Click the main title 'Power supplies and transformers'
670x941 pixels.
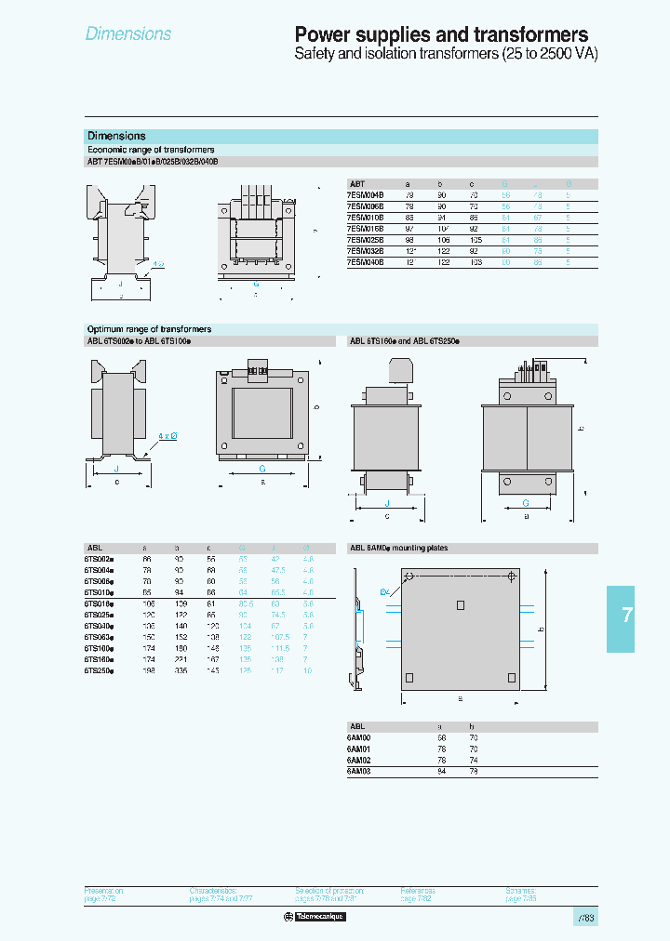tap(441, 34)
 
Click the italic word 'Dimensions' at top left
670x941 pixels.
tap(128, 34)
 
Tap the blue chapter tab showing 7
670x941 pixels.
tap(627, 616)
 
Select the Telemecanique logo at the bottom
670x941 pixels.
tap(315, 917)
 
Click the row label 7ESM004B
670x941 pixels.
tap(364, 195)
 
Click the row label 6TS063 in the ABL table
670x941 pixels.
tap(100, 637)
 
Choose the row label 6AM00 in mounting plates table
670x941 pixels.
tap(360, 737)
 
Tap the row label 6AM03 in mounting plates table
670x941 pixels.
tap(360, 771)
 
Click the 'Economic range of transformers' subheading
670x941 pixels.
tap(151, 150)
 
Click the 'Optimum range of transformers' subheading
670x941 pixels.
tap(149, 329)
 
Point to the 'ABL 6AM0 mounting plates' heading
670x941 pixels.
tap(398, 549)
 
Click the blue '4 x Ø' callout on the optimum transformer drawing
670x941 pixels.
tap(168, 435)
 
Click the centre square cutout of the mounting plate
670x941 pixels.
tap(460, 605)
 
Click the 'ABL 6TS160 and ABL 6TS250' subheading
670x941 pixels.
tap(404, 341)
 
